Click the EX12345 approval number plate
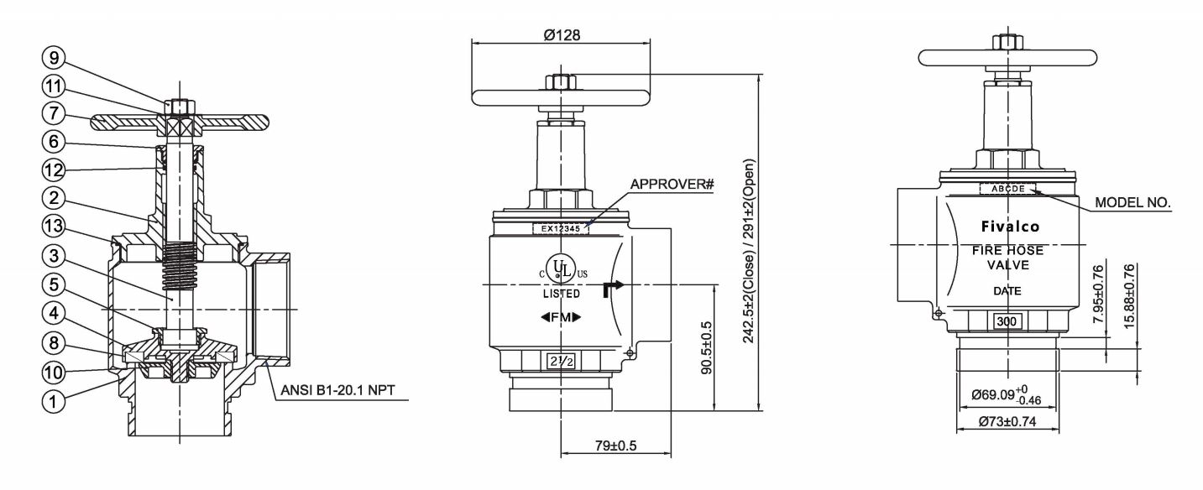pyautogui.click(x=561, y=227)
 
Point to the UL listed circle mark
pyautogui.click(x=561, y=270)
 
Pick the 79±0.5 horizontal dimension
pyautogui.click(x=615, y=445)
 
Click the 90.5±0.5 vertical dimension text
pyautogui.click(x=707, y=347)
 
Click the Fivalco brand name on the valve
pyautogui.click(x=1010, y=227)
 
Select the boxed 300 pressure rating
pyautogui.click(x=1007, y=321)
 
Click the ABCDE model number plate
pyautogui.click(x=1007, y=189)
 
